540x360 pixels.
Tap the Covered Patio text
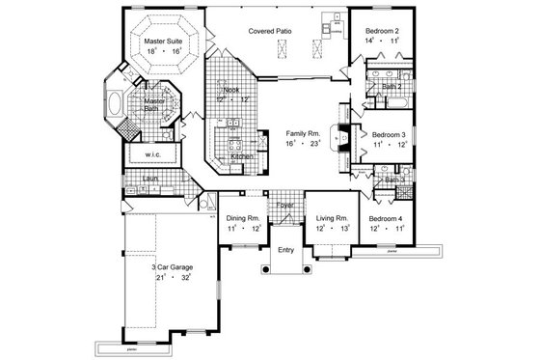[x=271, y=31]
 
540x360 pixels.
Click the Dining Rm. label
[x=244, y=219]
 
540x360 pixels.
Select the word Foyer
[x=286, y=205]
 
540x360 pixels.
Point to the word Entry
[x=286, y=250]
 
